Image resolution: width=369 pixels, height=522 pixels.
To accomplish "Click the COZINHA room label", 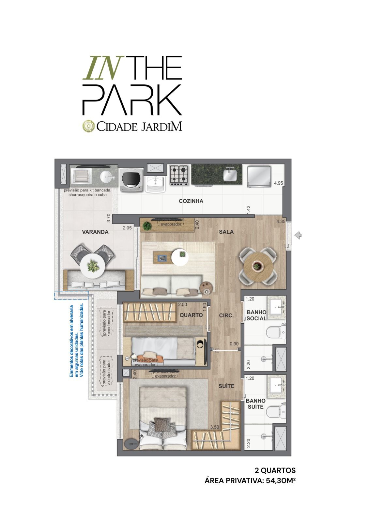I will tap(191, 201).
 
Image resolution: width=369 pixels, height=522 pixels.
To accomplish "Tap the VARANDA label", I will tap(95, 232).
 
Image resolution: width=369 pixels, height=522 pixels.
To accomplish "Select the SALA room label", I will tap(226, 232).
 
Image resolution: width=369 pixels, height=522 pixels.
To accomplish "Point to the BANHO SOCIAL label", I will tap(256, 315).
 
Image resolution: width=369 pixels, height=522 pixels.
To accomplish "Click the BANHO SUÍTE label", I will tap(256, 404).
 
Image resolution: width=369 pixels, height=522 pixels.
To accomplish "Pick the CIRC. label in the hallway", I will tap(226, 315).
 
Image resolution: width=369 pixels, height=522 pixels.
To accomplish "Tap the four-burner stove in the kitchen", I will tap(179, 175).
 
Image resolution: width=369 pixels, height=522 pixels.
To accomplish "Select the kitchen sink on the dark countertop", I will tap(230, 174).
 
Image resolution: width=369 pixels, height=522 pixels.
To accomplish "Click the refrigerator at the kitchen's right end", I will tap(259, 177).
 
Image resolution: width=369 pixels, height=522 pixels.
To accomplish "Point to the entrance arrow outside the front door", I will tap(298, 235).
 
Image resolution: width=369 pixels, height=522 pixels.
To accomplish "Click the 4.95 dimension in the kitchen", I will tap(278, 183).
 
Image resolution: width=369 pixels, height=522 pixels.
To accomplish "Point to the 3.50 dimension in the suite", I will tap(215, 427).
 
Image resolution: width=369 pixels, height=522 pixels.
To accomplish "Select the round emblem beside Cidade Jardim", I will tap(88, 126).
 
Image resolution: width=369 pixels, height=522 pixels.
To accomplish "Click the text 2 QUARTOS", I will tap(275, 470).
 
